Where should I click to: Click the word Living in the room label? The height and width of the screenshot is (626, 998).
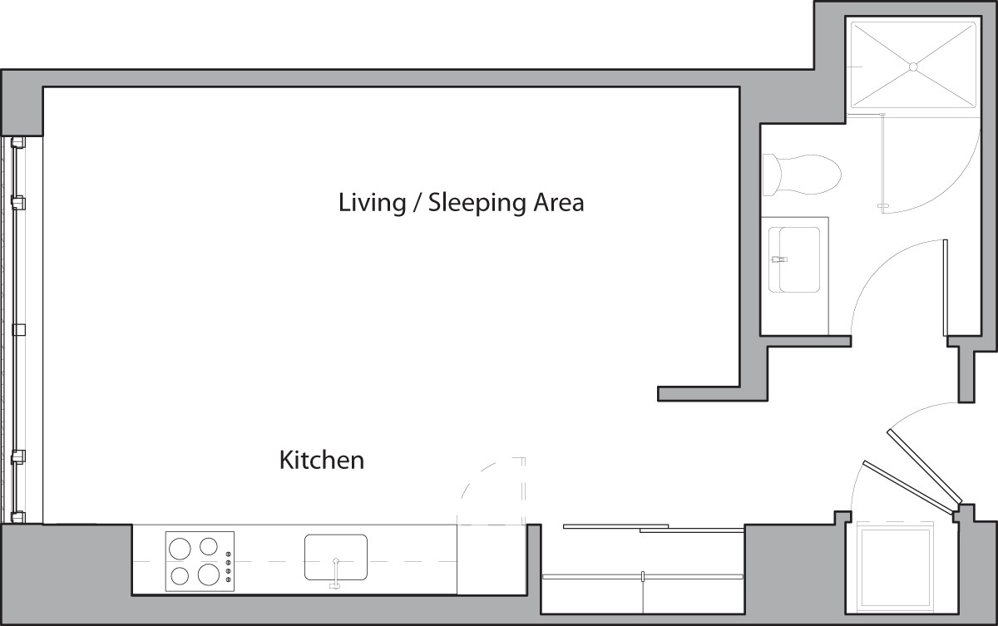click(x=372, y=203)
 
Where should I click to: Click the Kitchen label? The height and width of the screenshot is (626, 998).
click(x=321, y=460)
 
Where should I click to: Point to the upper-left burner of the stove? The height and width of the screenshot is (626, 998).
click(x=179, y=547)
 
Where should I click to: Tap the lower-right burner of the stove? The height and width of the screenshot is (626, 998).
click(x=209, y=574)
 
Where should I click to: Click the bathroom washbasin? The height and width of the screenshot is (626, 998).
click(x=793, y=259)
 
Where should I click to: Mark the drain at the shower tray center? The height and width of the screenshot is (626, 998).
click(x=912, y=66)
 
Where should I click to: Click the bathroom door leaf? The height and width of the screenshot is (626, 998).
click(x=946, y=287)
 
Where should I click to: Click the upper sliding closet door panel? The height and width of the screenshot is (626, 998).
click(x=615, y=526)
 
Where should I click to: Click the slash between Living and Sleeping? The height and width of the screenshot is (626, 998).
click(x=413, y=203)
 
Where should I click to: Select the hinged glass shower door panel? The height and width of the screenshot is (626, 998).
click(x=882, y=161)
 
